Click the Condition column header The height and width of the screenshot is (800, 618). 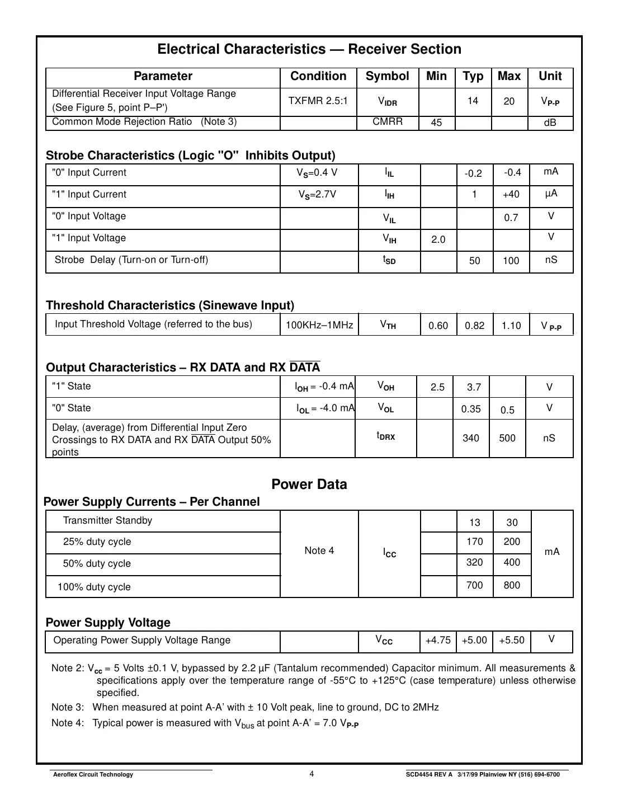pyautogui.click(x=318, y=77)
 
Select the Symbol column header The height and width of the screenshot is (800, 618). pyautogui.click(x=387, y=77)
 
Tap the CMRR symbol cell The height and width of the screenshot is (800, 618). pyautogui.click(x=388, y=121)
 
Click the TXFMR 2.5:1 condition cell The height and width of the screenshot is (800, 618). pyautogui.click(x=318, y=101)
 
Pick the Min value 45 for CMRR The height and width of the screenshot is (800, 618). pyautogui.click(x=436, y=123)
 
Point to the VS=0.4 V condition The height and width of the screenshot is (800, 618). pyautogui.click(x=317, y=173)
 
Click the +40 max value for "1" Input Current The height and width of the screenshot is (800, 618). pyautogui.click(x=511, y=194)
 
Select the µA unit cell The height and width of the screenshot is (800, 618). pyautogui.click(x=551, y=194)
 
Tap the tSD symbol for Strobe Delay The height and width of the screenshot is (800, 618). pyautogui.click(x=389, y=260)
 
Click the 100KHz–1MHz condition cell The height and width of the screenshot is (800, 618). pyautogui.click(x=319, y=325)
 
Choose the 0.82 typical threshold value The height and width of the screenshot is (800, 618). pyautogui.click(x=474, y=326)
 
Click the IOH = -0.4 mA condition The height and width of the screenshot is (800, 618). pyautogui.click(x=324, y=386)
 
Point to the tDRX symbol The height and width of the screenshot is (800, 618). pyautogui.click(x=385, y=436)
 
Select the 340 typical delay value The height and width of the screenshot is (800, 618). pyautogui.click(x=471, y=438)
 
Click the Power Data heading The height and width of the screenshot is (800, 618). pyautogui.click(x=309, y=484)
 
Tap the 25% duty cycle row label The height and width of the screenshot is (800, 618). pyautogui.click(x=97, y=542)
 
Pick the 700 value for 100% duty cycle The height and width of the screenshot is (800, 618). pyautogui.click(x=474, y=585)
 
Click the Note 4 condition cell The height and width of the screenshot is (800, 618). pyautogui.click(x=319, y=550)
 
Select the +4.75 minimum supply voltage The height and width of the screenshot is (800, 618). pyautogui.click(x=437, y=640)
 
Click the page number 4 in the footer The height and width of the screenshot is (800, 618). pyautogui.click(x=312, y=774)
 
